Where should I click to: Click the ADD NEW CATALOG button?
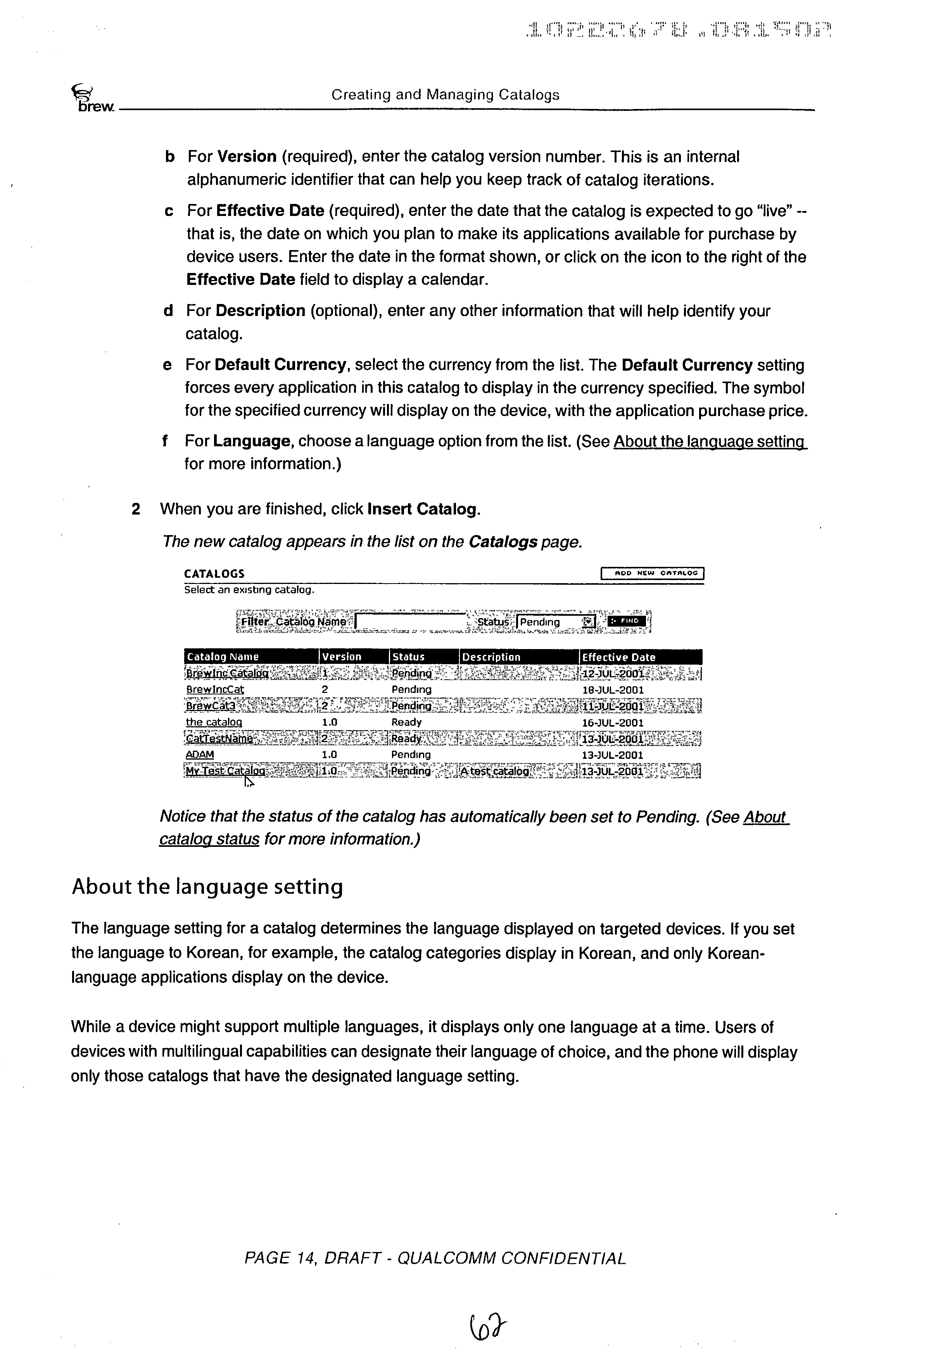coord(652,573)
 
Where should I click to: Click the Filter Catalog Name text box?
coord(411,622)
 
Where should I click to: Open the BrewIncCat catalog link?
coord(215,689)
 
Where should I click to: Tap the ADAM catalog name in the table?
coord(200,754)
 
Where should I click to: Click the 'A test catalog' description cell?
coord(496,771)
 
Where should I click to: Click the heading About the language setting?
coord(207,887)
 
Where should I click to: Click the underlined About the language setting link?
coord(710,442)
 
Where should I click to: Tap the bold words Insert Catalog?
coord(422,509)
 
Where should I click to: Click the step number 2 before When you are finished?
coord(136,509)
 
